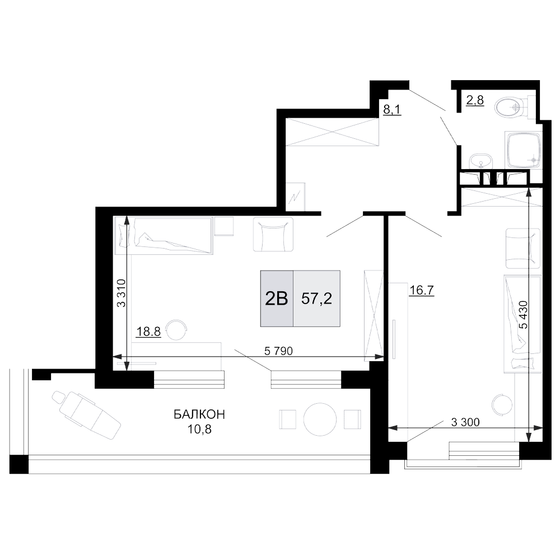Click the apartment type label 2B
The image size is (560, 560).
click(277, 298)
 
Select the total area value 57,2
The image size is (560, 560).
click(316, 298)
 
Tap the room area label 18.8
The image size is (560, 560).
click(148, 332)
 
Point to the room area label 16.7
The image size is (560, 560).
click(422, 290)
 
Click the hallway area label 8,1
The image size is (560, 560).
click(392, 109)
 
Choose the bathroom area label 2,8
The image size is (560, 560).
click(475, 100)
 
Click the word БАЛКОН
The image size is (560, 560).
click(199, 414)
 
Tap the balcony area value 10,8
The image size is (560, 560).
click(199, 429)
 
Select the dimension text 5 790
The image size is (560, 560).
click(278, 352)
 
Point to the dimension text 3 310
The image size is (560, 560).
click(122, 293)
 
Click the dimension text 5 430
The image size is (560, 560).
click(524, 314)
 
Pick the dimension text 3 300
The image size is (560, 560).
click(465, 422)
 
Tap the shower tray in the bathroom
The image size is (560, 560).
click(523, 150)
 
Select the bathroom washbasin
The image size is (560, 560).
click(480, 161)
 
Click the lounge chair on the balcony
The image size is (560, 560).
click(86, 414)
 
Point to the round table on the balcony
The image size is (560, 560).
click(320, 419)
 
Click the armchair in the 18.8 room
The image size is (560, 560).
click(273, 234)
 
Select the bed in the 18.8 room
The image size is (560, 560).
click(163, 236)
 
